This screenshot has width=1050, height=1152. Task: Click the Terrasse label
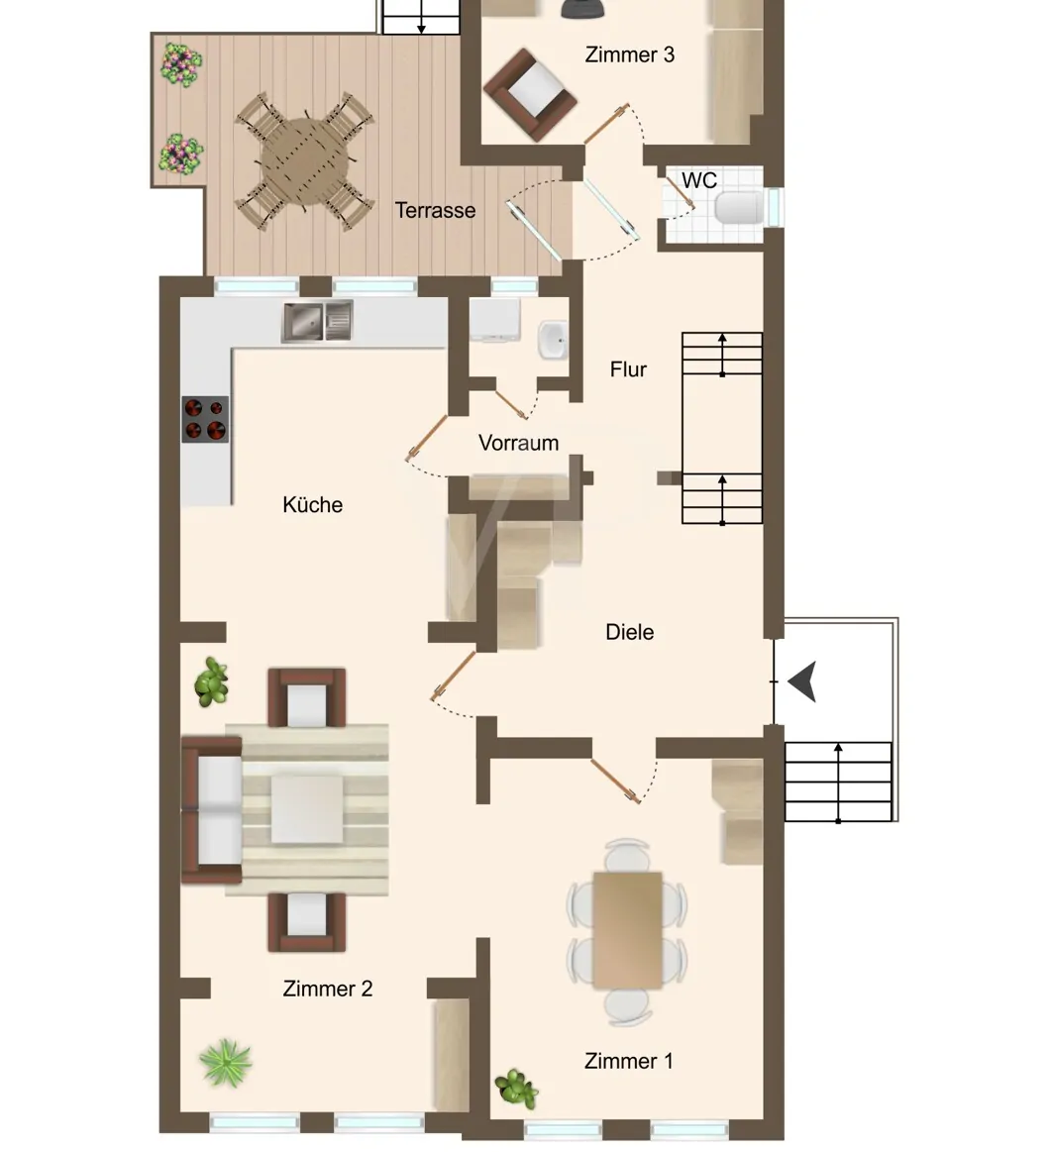[435, 210]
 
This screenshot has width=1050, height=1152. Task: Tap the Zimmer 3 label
[630, 54]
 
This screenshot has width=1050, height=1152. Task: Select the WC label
[698, 180]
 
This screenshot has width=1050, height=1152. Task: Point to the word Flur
[628, 368]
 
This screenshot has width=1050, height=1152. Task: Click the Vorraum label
[519, 443]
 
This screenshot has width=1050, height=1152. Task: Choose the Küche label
[312, 505]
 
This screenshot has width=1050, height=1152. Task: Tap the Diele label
[630, 632]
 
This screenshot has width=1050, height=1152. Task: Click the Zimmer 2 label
[328, 989]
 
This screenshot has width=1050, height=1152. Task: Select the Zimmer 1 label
[628, 1060]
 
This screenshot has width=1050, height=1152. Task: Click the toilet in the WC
[739, 207]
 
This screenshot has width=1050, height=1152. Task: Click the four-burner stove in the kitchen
[205, 419]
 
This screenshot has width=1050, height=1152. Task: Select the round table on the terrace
[304, 160]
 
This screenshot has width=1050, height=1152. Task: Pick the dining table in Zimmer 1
[627, 930]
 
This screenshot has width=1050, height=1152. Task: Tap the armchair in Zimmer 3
[529, 95]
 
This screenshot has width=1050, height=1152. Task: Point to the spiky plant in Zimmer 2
[226, 1063]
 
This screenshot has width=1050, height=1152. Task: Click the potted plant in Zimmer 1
[516, 1089]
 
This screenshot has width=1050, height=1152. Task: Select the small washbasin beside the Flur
[553, 340]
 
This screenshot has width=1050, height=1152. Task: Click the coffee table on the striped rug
[306, 809]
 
